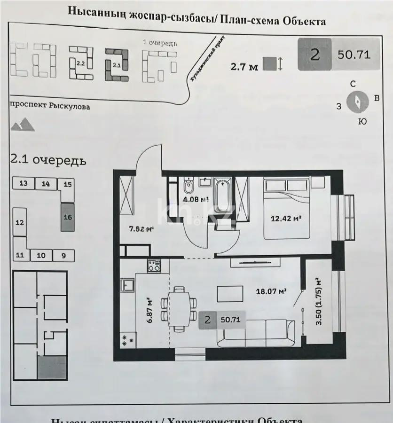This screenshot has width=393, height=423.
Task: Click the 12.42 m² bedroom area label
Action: pos(286,218)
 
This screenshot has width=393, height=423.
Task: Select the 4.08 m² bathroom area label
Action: pos(196,199)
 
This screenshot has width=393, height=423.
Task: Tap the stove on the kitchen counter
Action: pos(154,266)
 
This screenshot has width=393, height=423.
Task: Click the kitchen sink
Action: pos(127,284)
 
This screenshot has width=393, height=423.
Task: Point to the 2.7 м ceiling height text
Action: pos(244,67)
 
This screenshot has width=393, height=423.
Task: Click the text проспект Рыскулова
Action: pos(49,107)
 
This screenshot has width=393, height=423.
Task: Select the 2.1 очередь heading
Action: pos(48,160)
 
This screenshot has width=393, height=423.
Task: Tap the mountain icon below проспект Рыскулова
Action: pos(23,125)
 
